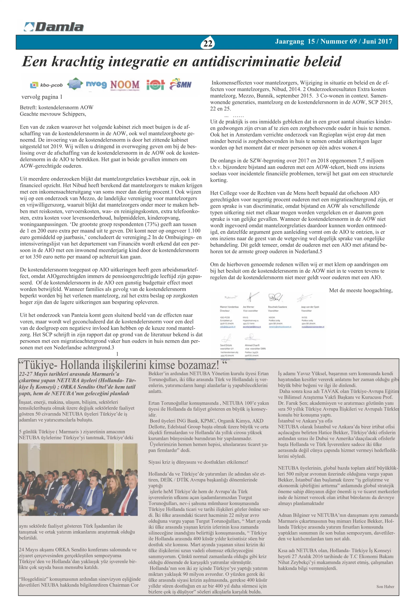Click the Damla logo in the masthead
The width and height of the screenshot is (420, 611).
click(54, 27)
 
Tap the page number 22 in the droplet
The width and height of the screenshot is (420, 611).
click(208, 43)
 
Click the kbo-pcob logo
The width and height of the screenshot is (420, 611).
click(47, 85)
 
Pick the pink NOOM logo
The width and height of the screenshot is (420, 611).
click(125, 85)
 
